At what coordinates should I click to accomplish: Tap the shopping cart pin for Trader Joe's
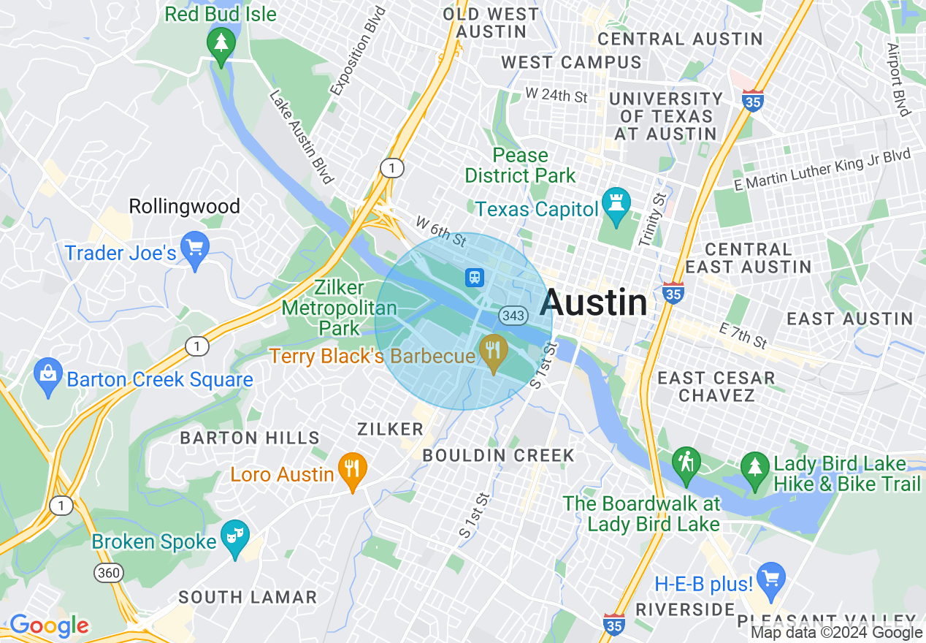pos(195,250)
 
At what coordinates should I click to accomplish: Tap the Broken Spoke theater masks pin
pos(235,538)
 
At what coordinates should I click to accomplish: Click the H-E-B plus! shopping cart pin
pos(770,578)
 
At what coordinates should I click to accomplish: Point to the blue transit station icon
pos(475,277)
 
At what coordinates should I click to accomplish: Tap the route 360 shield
pos(108,573)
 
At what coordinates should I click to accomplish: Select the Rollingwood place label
pos(184,207)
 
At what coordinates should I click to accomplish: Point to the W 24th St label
pos(556,96)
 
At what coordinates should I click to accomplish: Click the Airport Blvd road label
pos(899,79)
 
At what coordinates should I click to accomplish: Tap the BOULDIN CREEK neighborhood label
pos(499,456)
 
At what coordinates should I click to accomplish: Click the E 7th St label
pos(743,335)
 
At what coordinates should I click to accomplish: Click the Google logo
pos(49,626)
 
